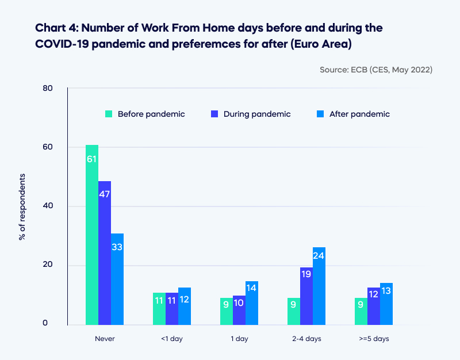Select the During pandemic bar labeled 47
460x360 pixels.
pyautogui.click(x=105, y=253)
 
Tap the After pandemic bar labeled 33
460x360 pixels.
pyautogui.click(x=117, y=279)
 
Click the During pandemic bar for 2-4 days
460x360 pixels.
pyautogui.click(x=306, y=296)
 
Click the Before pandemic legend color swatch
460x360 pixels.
pyautogui.click(x=109, y=114)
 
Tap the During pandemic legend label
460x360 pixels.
pyautogui.click(x=257, y=114)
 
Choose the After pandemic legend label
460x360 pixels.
pyautogui.click(x=359, y=114)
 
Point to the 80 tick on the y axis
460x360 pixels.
pyautogui.click(x=47, y=89)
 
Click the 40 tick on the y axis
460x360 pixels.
pyautogui.click(x=47, y=206)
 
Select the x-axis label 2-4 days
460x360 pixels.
pyautogui.click(x=306, y=339)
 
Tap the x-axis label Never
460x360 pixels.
pyautogui.click(x=105, y=339)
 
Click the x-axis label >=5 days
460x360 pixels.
pyautogui.click(x=374, y=339)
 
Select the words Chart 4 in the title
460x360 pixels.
pyautogui.click(x=54, y=28)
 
